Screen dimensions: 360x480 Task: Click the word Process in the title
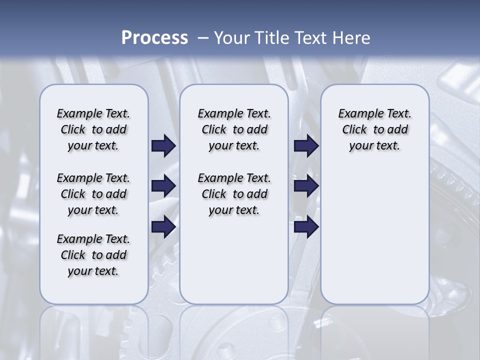pyautogui.click(x=154, y=38)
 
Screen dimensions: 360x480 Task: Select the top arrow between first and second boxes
pyautogui.click(x=163, y=145)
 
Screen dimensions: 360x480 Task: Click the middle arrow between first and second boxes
pyautogui.click(x=163, y=186)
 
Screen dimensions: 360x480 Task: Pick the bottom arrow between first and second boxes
pyautogui.click(x=163, y=226)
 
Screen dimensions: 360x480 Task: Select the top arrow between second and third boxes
pyautogui.click(x=306, y=145)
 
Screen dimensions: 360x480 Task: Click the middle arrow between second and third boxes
pyautogui.click(x=306, y=186)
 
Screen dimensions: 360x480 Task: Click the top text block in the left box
pyautogui.click(x=93, y=129)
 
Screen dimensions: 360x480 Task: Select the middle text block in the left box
pyautogui.click(x=93, y=194)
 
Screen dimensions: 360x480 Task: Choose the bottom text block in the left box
pyautogui.click(x=93, y=255)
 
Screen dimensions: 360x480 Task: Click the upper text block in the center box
pyautogui.click(x=234, y=129)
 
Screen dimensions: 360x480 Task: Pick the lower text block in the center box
pyautogui.click(x=234, y=194)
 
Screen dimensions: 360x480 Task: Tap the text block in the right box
pyautogui.click(x=375, y=129)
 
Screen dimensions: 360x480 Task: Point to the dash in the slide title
pyautogui.click(x=203, y=38)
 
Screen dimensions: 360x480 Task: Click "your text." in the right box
pyautogui.click(x=374, y=146)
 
